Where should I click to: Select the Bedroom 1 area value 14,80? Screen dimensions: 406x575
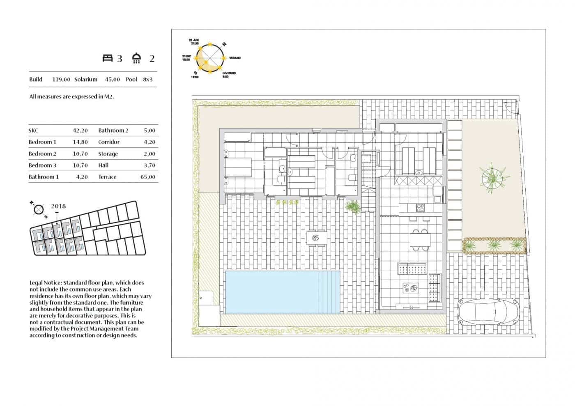pos(80,142)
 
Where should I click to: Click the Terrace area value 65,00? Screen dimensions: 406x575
pos(147,177)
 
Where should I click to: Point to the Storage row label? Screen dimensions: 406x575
pos(108,154)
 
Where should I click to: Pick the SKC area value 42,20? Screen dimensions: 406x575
pos(80,131)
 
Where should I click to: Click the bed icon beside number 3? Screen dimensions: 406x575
pos(107,58)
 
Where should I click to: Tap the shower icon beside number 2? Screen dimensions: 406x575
pos(137,58)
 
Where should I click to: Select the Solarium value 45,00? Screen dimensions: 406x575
pos(112,79)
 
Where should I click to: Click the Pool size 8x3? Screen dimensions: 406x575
pos(147,79)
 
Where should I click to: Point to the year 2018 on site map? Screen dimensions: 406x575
pos(58,206)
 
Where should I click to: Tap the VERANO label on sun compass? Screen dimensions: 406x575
pos(235,58)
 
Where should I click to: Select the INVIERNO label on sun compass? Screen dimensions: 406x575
pos(229,73)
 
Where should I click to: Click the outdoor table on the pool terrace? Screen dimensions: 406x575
pos(317,237)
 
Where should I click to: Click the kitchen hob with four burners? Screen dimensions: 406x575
pos(421,208)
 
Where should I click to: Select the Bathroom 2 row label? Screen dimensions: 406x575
pos(113,131)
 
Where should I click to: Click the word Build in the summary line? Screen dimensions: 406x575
pos(36,79)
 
